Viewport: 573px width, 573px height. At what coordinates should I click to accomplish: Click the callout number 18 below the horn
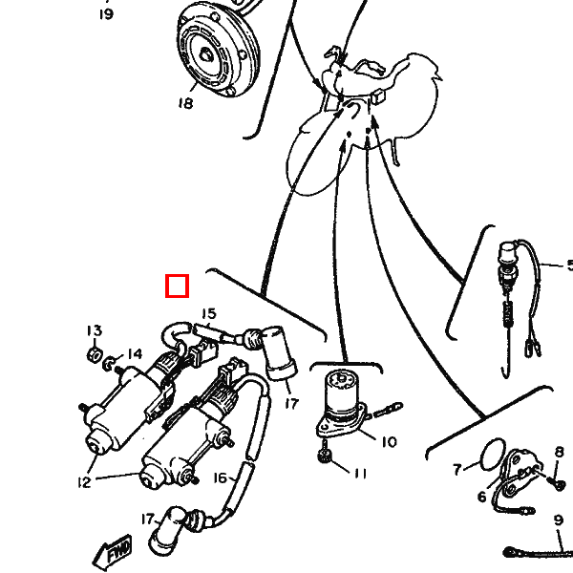click(x=185, y=103)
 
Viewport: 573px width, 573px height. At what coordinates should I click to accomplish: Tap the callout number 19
click(x=106, y=14)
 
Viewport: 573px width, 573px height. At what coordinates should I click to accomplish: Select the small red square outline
click(x=178, y=286)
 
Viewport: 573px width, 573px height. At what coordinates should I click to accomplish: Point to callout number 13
click(x=95, y=330)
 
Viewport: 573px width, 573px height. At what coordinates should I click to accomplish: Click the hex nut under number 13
click(x=95, y=354)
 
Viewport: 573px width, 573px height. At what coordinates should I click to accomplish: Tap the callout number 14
click(x=135, y=354)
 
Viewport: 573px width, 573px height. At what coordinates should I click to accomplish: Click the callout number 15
click(x=208, y=314)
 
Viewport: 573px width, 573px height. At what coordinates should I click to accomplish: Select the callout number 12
click(x=84, y=482)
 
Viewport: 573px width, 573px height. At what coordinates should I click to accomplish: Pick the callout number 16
click(x=221, y=477)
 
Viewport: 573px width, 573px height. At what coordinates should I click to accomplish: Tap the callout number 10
click(x=389, y=442)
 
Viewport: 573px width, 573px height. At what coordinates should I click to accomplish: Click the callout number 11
click(x=360, y=474)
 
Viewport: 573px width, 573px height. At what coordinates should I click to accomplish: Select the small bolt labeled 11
click(x=325, y=453)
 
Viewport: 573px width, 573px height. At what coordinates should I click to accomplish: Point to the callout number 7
click(x=456, y=469)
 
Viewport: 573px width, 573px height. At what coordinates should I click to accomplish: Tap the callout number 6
click(x=482, y=497)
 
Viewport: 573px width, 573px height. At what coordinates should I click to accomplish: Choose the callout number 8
click(x=560, y=452)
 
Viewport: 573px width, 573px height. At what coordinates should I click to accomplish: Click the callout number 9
click(x=559, y=520)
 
